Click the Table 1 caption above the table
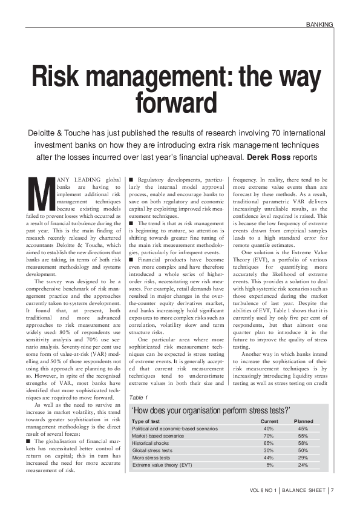coord(139,398)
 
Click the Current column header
coord(269,421)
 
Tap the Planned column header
coord(303,421)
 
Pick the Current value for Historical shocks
coord(269,444)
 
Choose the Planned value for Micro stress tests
coord(303,458)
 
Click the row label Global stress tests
coord(152,451)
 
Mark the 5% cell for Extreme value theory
coord(270,465)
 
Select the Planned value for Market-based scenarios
coord(303,436)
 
